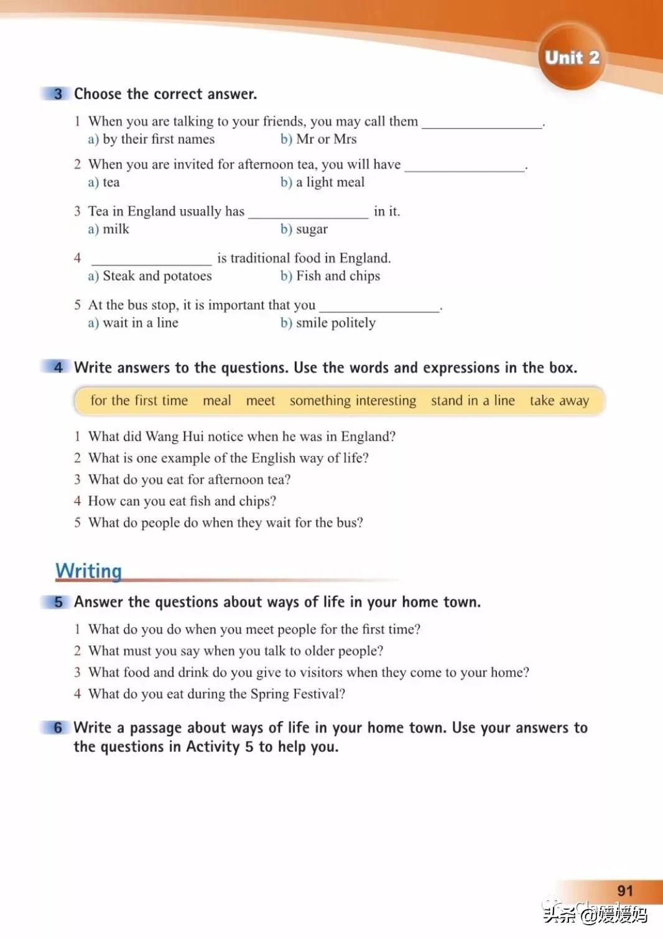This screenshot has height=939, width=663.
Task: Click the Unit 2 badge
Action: tap(572, 57)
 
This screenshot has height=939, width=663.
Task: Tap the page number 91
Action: tap(624, 890)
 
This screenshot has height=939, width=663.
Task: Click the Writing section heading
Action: tap(88, 571)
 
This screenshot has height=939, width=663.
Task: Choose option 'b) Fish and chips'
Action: tap(330, 276)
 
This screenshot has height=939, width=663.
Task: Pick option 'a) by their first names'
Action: tap(151, 139)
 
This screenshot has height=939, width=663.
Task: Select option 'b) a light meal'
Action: tap(322, 182)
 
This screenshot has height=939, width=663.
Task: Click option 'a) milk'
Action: tap(108, 229)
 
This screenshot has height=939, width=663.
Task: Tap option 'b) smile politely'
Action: tap(328, 322)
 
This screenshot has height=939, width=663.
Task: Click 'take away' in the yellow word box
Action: tap(559, 401)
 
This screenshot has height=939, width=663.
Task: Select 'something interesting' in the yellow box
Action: tap(353, 401)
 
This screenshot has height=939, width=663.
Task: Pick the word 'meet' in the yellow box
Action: tap(260, 401)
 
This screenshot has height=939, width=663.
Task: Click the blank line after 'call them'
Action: tap(482, 123)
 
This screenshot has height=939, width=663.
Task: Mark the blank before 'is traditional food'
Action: tap(151, 260)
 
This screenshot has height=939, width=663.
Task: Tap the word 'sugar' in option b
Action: tap(312, 229)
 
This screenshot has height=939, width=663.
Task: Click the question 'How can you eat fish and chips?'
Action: tap(182, 501)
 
